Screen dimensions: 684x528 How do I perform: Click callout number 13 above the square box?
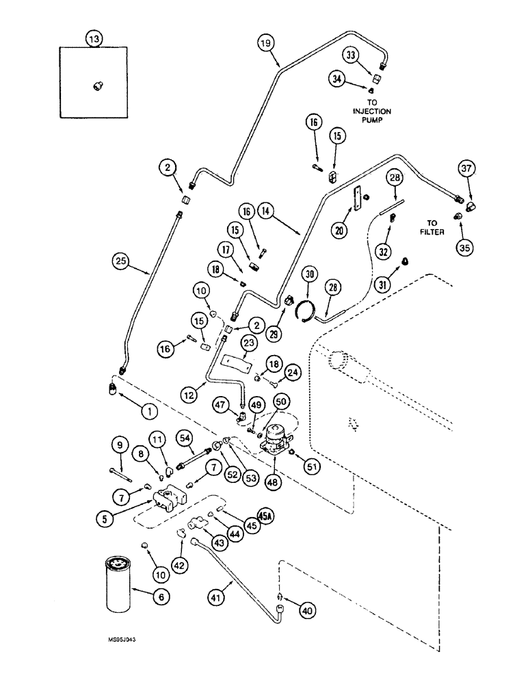pos(93,39)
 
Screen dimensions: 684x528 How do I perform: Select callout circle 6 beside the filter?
pos(161,597)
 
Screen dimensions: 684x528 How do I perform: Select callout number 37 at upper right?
pos(466,168)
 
